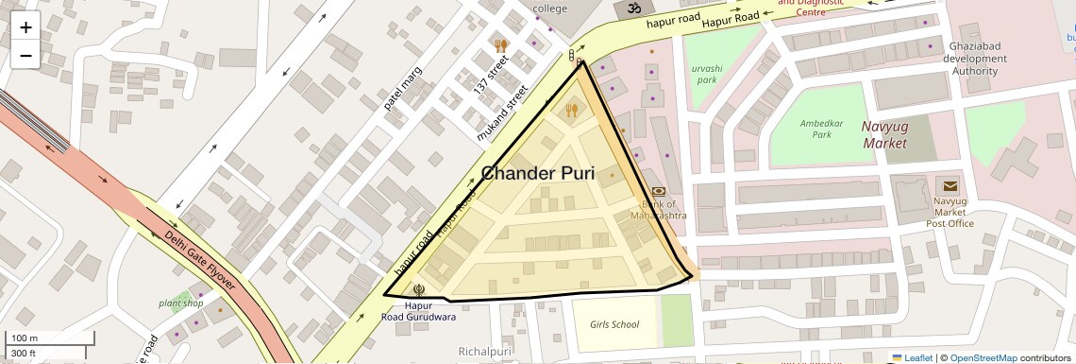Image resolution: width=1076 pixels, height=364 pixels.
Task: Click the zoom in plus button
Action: click(25, 27)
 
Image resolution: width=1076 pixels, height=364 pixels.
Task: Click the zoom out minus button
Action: click(25, 56)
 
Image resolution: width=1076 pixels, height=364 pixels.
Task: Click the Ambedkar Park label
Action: click(821, 129)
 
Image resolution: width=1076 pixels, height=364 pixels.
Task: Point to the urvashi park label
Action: click(705, 75)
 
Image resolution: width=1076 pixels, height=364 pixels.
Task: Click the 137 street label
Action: click(491, 73)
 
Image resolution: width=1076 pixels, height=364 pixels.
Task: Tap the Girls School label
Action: click(614, 324)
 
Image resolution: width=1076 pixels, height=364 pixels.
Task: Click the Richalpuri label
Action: click(484, 352)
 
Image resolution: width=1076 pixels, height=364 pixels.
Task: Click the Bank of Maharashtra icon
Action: click(658, 190)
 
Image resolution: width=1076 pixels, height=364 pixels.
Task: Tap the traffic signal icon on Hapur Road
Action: click(572, 57)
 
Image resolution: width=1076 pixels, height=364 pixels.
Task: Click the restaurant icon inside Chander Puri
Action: click(571, 110)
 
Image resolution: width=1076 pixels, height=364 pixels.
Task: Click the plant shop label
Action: click(181, 303)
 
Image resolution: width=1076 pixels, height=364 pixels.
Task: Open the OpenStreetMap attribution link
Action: click(983, 357)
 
